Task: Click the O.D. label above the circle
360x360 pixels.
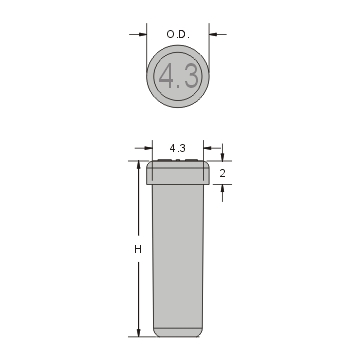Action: (179, 35)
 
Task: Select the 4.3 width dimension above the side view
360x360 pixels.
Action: (179, 148)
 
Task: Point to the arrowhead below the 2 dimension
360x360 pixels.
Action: (221, 190)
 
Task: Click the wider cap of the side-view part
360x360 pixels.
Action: (179, 172)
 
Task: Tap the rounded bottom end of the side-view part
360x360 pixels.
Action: (179, 330)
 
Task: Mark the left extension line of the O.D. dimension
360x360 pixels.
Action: (147, 45)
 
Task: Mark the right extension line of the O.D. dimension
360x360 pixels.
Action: (210, 45)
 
